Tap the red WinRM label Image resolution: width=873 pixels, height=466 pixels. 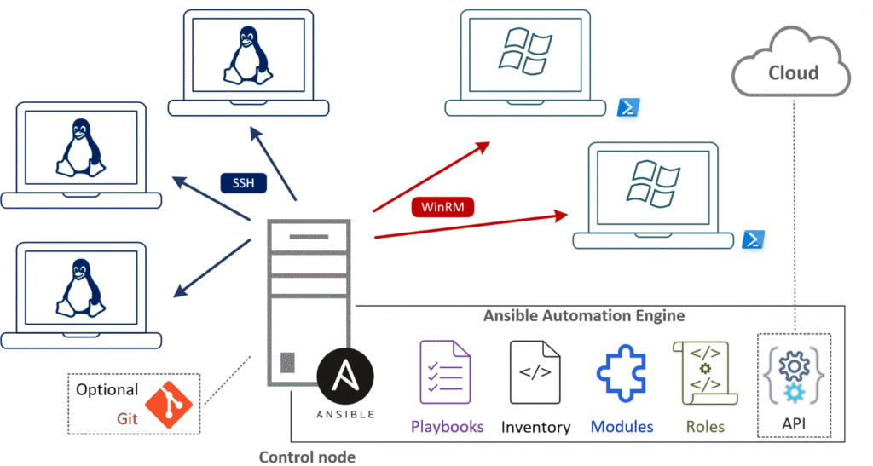click(x=441, y=206)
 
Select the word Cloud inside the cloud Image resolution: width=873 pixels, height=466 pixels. click(x=793, y=72)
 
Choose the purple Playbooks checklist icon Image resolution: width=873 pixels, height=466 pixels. click(x=445, y=371)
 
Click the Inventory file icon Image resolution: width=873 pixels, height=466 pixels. click(x=535, y=371)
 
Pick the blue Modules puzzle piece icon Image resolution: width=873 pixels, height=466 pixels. click(x=622, y=372)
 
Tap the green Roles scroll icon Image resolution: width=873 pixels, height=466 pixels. click(x=704, y=372)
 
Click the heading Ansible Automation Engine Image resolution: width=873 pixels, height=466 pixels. click(x=584, y=315)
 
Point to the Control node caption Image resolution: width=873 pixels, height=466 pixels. click(x=307, y=456)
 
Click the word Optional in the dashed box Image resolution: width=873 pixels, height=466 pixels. click(x=107, y=389)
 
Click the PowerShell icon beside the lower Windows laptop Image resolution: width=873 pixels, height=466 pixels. click(x=752, y=239)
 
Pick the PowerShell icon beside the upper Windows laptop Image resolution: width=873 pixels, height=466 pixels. click(x=628, y=108)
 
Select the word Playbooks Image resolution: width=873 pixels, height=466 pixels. click(x=447, y=426)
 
